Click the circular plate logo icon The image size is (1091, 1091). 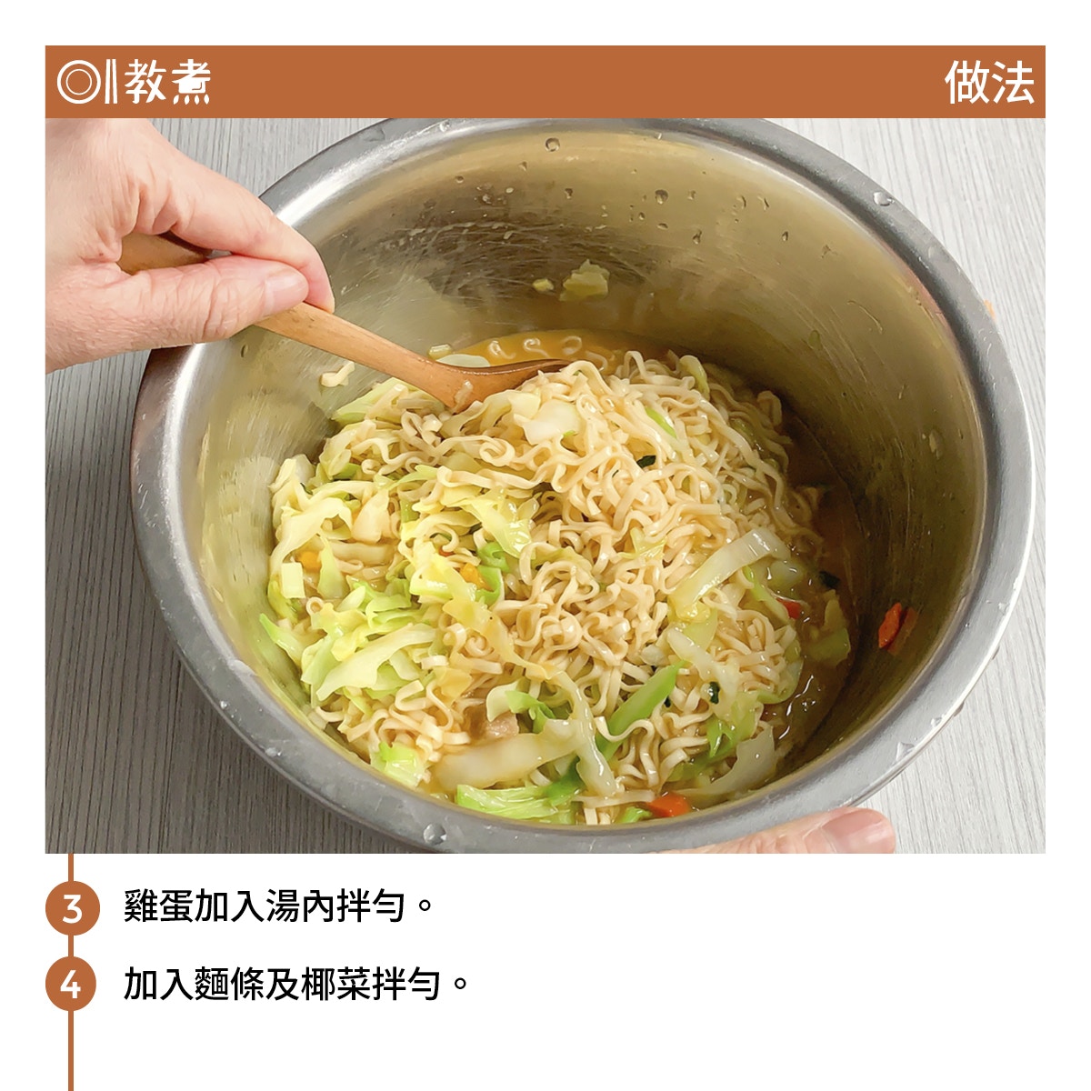tap(79, 82)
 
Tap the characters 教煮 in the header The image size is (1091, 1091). tap(167, 82)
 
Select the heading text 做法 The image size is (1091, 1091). tap(988, 82)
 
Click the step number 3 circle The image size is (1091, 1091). tap(73, 908)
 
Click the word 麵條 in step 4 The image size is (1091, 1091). tap(229, 985)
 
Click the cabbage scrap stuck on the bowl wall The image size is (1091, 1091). tap(583, 281)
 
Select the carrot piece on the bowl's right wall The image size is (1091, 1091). tap(891, 626)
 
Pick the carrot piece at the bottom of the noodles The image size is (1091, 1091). tap(668, 805)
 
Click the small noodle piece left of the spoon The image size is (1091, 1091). tap(337, 375)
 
